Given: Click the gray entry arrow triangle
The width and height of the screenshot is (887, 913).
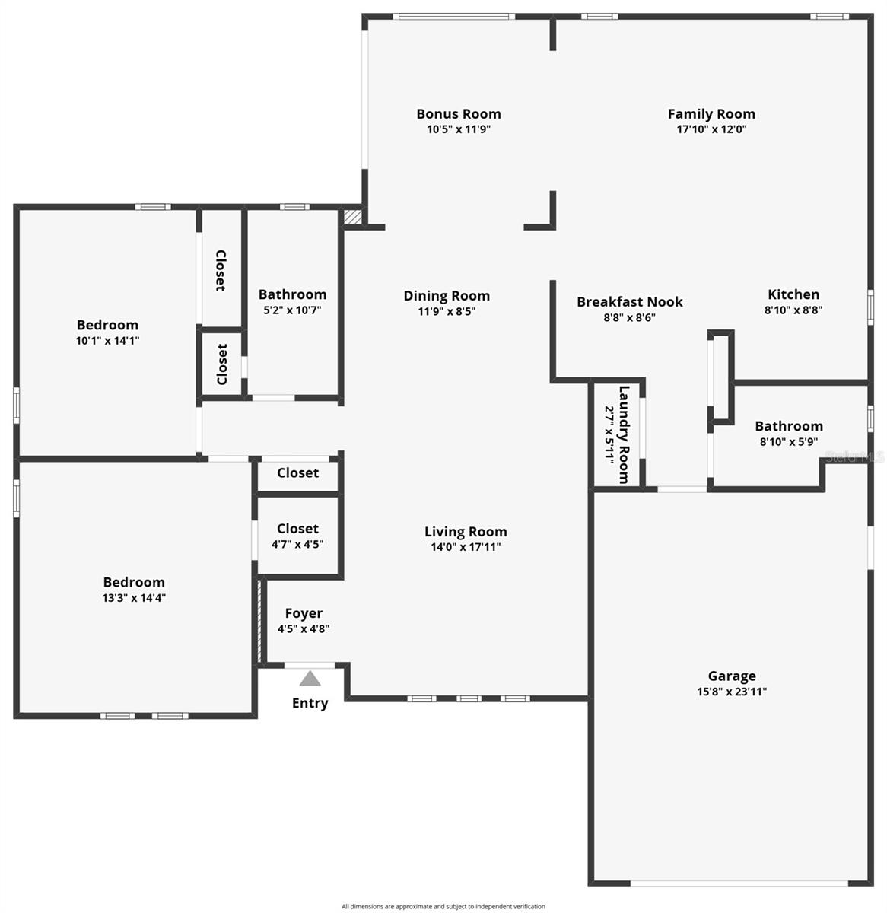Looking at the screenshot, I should (310, 679).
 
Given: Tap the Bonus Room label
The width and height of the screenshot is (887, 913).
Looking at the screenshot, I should (458, 114).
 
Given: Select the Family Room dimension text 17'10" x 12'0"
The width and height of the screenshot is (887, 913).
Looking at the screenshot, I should (711, 129).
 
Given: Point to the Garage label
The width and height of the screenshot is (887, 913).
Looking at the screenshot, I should (732, 676).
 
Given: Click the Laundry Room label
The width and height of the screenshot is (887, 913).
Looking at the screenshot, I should (624, 434).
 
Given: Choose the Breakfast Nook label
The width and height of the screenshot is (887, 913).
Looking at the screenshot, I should (629, 302).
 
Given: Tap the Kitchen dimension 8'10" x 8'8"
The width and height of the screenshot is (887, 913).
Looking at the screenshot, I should (793, 310).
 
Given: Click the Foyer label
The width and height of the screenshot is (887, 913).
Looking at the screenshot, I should (304, 613).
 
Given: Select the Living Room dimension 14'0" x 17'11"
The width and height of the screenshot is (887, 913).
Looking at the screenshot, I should (466, 547).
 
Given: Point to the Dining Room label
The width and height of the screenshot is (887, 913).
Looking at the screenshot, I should (447, 296).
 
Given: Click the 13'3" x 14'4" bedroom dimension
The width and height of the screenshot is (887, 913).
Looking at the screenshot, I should (134, 598).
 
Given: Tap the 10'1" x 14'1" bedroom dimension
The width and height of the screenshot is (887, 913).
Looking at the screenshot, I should (107, 341).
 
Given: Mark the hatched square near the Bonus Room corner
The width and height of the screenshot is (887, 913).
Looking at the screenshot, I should (351, 218).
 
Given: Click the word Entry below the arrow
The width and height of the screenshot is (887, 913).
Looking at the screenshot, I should (310, 703).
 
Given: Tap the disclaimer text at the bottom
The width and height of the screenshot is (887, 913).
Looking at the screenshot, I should (443, 906).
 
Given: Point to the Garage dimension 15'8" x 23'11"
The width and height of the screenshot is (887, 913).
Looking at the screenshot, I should (732, 692).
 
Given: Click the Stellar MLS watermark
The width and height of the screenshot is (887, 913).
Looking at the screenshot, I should (855, 456).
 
